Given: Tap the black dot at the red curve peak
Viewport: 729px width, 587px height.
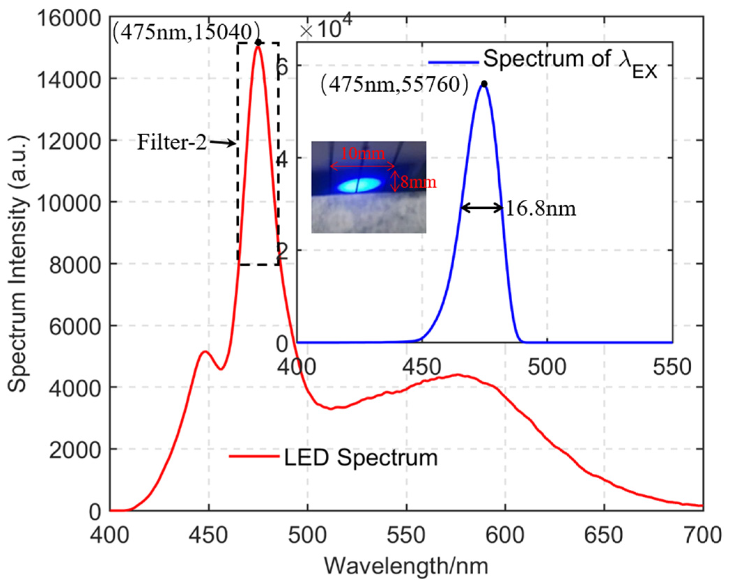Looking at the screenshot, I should tap(258, 43).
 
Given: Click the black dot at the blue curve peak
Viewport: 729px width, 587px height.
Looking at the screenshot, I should tap(484, 84).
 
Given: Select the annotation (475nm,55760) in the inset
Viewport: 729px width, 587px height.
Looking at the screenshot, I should tap(394, 84).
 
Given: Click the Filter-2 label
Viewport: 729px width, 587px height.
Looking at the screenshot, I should tap(172, 142).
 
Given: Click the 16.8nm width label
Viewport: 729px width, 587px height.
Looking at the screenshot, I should tap(541, 209).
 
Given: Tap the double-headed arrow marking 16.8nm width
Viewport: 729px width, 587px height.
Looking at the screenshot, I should tap(482, 208).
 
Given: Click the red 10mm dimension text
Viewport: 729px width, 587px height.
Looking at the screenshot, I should tap(362, 153).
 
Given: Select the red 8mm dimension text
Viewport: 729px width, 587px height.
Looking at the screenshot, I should tap(418, 182).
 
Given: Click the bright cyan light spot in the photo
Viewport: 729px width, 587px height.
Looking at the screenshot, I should tap(359, 185).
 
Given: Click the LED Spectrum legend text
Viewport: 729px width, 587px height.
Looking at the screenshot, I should tap(361, 457).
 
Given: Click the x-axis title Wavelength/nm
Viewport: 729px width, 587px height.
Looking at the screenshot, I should tap(406, 566).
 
